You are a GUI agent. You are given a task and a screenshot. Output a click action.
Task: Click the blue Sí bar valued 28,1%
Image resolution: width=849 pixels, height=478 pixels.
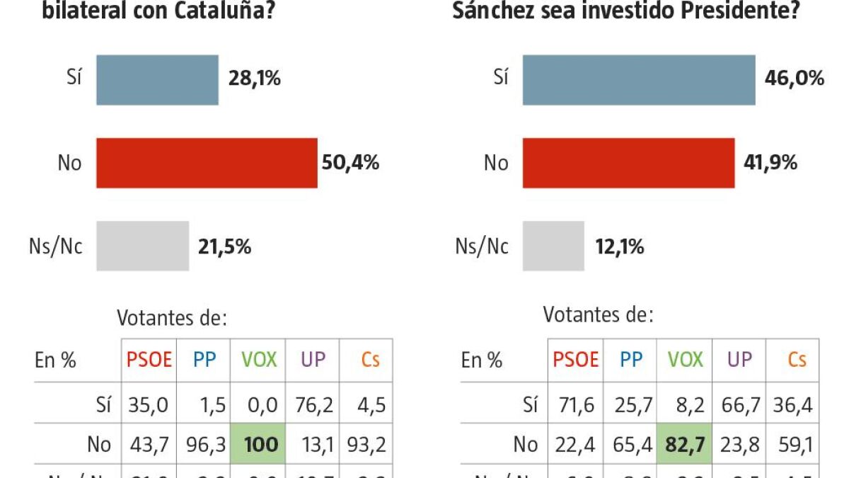click(157, 79)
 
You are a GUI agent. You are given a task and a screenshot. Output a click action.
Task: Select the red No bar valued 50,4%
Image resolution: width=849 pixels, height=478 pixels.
click(207, 163)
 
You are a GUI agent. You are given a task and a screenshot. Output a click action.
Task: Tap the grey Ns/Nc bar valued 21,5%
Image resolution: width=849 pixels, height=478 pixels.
click(142, 246)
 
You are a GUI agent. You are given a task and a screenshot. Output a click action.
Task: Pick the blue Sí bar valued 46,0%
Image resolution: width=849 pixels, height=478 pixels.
click(639, 79)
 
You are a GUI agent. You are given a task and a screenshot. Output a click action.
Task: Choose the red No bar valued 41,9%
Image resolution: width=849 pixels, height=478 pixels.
click(628, 163)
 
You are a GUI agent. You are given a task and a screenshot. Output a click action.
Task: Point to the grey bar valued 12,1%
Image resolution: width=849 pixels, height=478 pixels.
click(553, 246)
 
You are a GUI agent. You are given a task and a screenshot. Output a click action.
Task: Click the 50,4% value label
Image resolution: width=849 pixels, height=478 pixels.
click(351, 163)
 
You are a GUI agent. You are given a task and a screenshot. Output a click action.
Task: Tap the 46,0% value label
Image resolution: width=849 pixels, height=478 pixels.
click(795, 79)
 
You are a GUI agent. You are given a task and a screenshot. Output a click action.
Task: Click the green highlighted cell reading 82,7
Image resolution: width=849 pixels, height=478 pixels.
click(684, 445)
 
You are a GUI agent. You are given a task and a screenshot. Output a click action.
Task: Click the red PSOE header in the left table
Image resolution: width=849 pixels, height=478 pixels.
click(149, 360)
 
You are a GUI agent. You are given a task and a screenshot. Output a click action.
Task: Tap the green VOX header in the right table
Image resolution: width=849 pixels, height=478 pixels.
click(685, 360)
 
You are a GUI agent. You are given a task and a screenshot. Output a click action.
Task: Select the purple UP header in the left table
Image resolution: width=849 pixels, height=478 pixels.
click(313, 360)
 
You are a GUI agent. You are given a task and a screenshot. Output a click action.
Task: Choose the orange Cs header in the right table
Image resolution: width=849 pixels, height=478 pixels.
click(797, 360)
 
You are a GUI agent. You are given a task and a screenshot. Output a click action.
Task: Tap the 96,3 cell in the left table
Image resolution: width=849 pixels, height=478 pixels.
click(204, 444)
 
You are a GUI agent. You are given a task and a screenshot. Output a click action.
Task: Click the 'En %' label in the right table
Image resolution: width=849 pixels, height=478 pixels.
click(481, 360)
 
